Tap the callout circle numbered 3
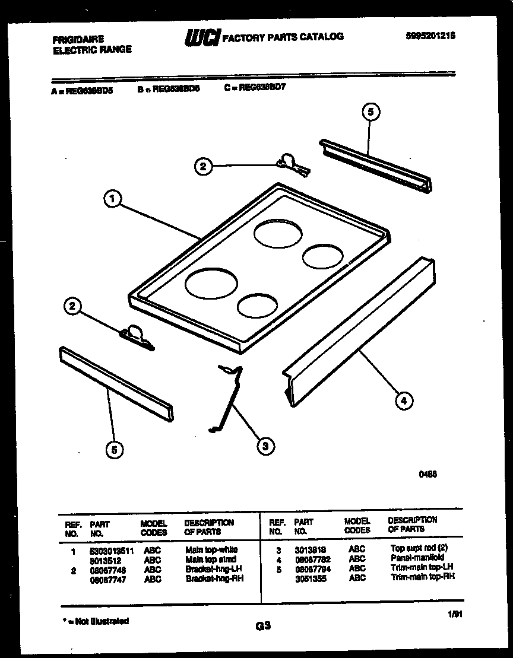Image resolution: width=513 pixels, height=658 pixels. pyautogui.click(x=265, y=445)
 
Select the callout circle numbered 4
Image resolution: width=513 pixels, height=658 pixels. pyautogui.click(x=404, y=401)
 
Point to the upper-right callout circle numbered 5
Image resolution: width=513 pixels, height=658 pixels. pyautogui.click(x=370, y=112)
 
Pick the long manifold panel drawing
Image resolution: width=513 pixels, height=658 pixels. pyautogui.click(x=359, y=332)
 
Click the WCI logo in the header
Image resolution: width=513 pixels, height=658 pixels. pyautogui.click(x=202, y=37)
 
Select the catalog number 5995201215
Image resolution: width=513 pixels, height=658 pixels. pyautogui.click(x=430, y=36)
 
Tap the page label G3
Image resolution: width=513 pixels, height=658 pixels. pyautogui.click(x=263, y=625)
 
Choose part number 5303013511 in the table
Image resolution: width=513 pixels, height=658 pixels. pyautogui.click(x=112, y=551)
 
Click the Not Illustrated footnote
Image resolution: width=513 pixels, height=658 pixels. pyautogui.click(x=95, y=621)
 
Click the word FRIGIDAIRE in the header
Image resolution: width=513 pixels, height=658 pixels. pyautogui.click(x=78, y=40)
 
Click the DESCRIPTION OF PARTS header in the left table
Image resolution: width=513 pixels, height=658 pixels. pyautogui.click(x=209, y=527)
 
